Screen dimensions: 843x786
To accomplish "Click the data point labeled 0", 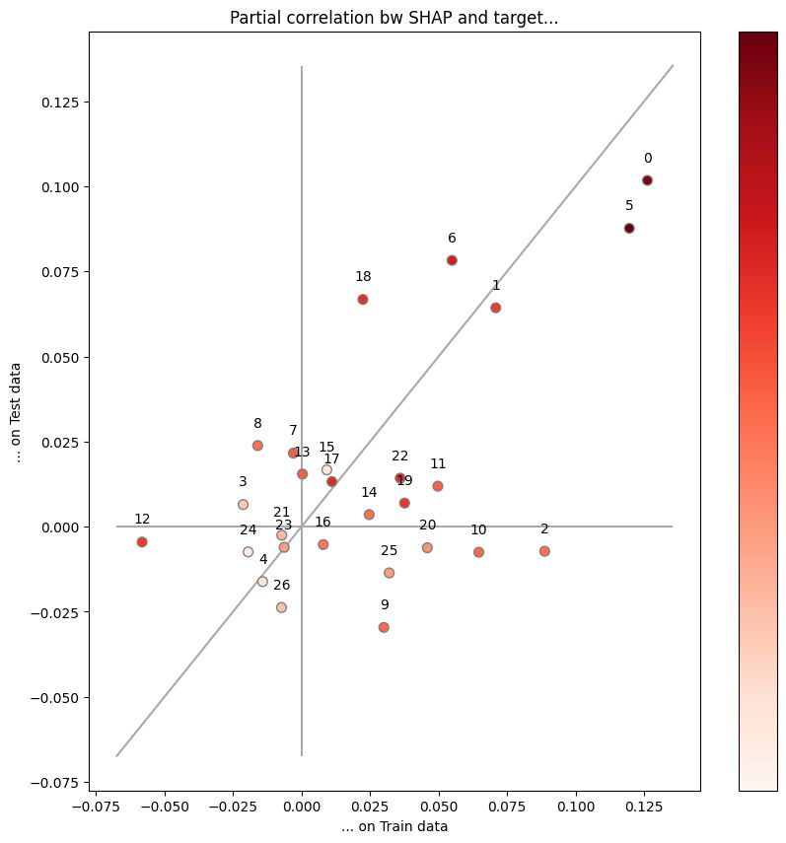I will [647, 180].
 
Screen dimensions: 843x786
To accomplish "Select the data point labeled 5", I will [629, 228].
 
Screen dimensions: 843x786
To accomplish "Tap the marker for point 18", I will [363, 299].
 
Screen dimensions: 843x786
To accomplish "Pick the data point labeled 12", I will [142, 541].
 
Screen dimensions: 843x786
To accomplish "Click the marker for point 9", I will [384, 627].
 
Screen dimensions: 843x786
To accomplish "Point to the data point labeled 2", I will [544, 551].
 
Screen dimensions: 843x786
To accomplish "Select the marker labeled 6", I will [452, 260].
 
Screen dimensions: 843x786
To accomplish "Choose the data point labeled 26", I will [281, 607].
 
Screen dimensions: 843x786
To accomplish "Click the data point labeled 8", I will [257, 446].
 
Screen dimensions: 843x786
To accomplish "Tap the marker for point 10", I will [478, 552].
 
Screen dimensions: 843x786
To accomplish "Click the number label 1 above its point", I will [496, 285].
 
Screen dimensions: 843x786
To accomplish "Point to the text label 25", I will [390, 550].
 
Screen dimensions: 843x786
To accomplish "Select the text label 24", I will [249, 529].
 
